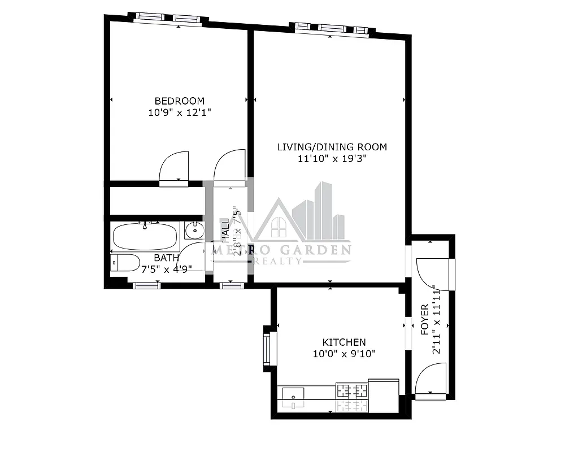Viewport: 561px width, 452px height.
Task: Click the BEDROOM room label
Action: click(x=180, y=101)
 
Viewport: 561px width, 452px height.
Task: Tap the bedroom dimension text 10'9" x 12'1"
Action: click(x=180, y=112)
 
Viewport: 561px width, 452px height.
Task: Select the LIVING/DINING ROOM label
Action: click(x=332, y=147)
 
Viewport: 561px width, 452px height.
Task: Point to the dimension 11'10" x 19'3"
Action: click(x=332, y=159)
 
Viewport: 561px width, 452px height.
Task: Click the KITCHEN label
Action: click(x=343, y=342)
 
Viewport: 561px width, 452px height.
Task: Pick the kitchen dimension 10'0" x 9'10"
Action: click(x=344, y=354)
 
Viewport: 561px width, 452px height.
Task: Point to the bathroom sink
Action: click(x=194, y=230)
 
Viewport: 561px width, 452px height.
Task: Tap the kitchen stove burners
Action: click(x=351, y=390)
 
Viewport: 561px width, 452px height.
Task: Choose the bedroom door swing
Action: click(x=174, y=168)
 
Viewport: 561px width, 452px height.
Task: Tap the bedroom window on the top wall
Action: click(x=168, y=19)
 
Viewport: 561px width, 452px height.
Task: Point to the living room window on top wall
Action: click(x=332, y=28)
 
